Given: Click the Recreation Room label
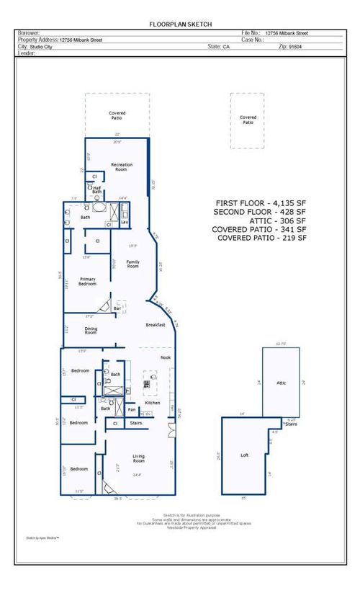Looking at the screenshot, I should click(x=122, y=167).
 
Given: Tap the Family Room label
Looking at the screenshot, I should click(x=132, y=264).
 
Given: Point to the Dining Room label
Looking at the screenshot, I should click(x=91, y=331).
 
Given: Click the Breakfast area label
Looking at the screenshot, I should click(x=156, y=325).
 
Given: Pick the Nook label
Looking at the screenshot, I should click(x=165, y=357).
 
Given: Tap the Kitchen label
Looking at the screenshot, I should click(x=152, y=403).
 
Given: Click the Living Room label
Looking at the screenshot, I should click(x=140, y=458).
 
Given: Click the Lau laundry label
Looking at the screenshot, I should click(x=124, y=223).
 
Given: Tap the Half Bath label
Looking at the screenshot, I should click(x=96, y=190).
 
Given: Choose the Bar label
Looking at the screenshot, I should click(x=117, y=309).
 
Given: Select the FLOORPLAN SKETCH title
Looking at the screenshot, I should click(x=180, y=24).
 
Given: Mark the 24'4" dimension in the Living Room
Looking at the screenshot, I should click(x=138, y=475).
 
